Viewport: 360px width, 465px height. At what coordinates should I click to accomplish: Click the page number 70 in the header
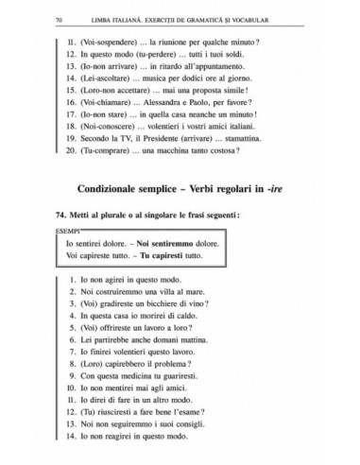coord(59,20)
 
